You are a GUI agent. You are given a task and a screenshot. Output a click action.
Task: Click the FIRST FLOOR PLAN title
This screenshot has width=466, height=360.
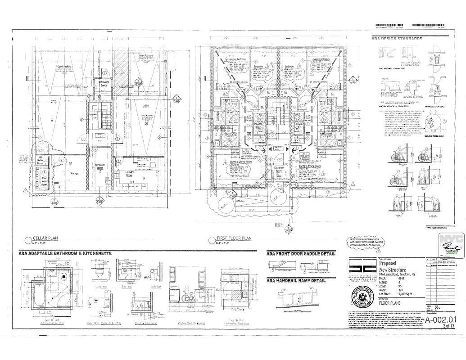pyautogui.click(x=234, y=239)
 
